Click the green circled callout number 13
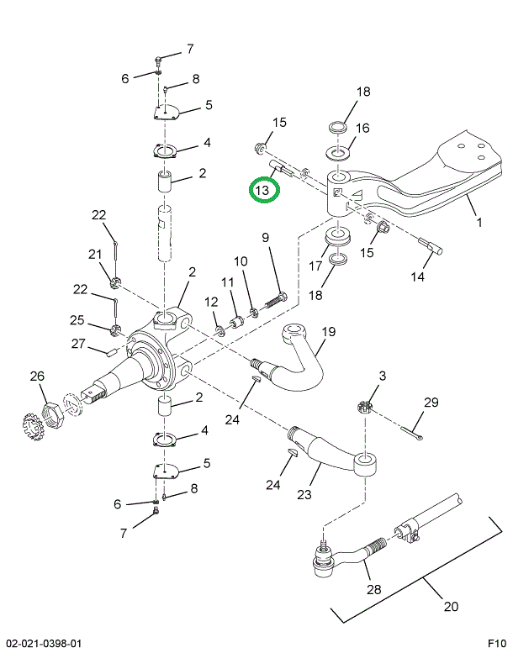click(263, 191)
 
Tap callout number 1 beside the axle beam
click(479, 224)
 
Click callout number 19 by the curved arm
click(327, 332)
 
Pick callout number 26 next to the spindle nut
click(37, 377)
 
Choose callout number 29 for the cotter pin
click(431, 404)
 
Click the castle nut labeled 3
click(366, 406)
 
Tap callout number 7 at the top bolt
click(189, 48)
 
